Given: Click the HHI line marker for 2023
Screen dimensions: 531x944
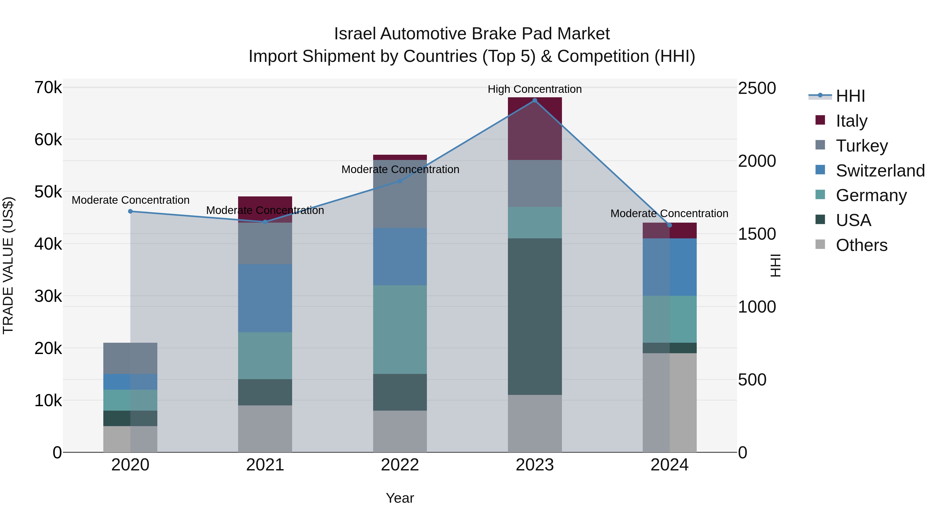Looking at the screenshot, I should [535, 100].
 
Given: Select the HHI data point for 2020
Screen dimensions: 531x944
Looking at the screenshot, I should [131, 211].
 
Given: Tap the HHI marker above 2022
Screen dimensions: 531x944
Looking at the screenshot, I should [400, 181].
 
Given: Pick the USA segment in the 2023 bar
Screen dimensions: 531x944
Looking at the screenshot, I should [535, 317].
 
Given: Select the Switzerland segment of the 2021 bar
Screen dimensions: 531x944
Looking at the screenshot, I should [265, 298].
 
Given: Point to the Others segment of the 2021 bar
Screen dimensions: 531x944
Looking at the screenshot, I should [265, 429].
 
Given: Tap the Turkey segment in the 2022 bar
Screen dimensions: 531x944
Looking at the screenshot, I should [400, 194].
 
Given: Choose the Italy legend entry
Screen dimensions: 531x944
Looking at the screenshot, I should [851, 121].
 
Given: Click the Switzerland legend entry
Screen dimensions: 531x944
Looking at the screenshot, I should [880, 170].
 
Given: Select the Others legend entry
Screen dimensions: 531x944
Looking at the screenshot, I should [861, 245].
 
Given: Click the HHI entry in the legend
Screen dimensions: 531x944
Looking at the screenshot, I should [850, 96].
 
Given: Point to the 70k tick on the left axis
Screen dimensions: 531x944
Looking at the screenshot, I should [48, 88].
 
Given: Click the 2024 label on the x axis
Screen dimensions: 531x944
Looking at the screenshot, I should [669, 465].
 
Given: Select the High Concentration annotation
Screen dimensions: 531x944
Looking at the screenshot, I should [535, 89].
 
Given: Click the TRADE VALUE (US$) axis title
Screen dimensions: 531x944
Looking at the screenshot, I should [8, 265].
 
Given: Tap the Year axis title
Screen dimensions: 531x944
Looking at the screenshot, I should [400, 498].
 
